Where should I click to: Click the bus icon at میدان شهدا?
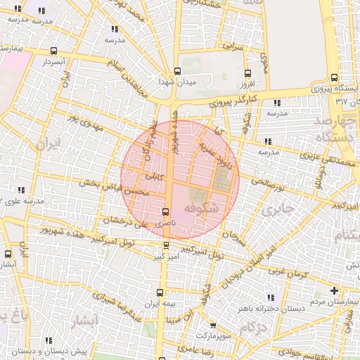(x=176, y=71)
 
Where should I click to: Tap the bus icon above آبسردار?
(x=54, y=51)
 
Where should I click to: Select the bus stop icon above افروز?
(x=247, y=73)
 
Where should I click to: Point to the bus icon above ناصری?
(x=166, y=212)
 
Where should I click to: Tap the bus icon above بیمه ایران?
(x=161, y=292)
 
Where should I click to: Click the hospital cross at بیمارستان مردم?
(x=334, y=290)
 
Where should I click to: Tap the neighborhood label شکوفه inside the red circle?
(x=202, y=209)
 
